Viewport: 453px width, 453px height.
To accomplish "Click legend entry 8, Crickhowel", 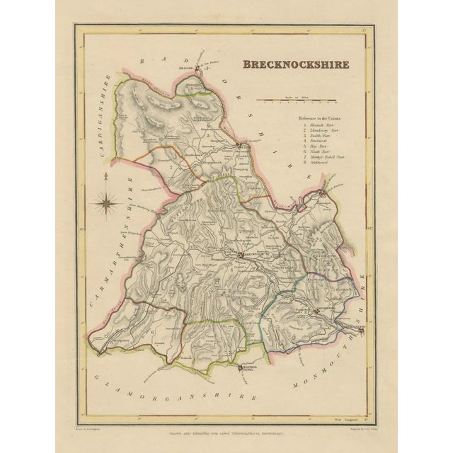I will [323, 163].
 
